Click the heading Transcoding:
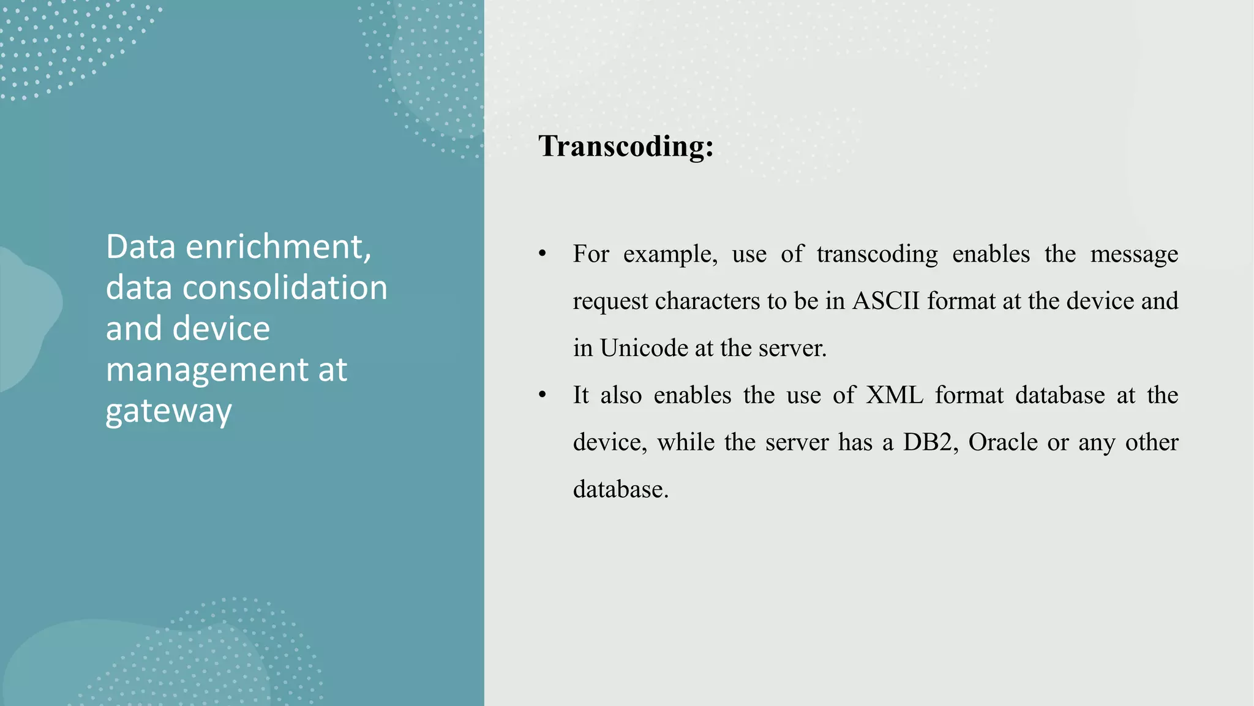626,146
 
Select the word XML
894,395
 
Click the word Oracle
1003,442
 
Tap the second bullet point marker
542,396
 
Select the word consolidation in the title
285,287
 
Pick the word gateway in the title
168,411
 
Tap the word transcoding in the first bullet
877,254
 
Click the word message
1134,254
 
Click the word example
669,254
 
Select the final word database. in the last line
620,490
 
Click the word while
686,442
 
